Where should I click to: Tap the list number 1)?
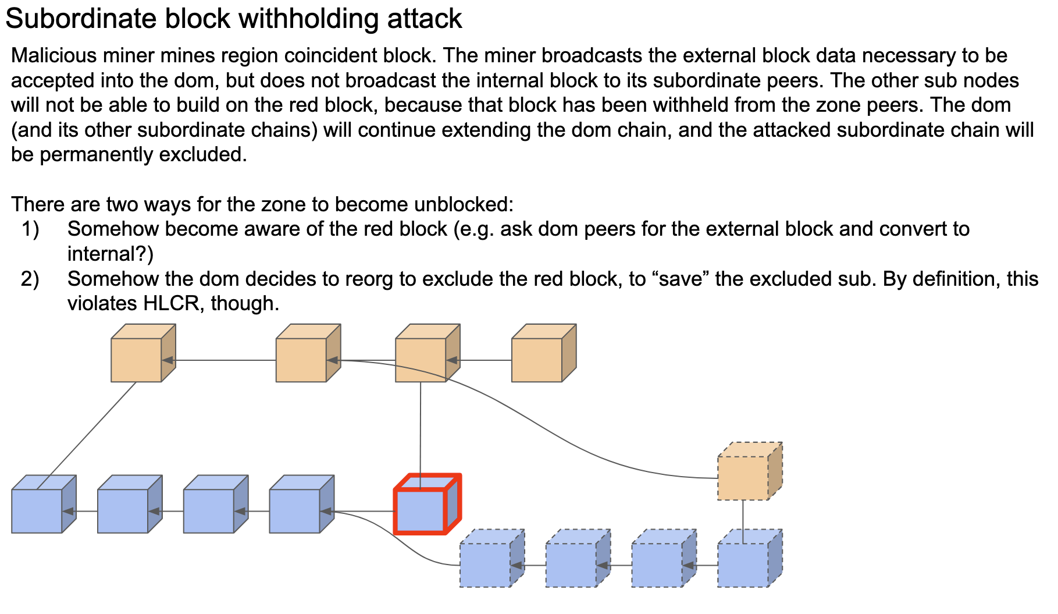(x=30, y=229)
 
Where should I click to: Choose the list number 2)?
(x=30, y=279)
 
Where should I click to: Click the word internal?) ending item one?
(x=110, y=254)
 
